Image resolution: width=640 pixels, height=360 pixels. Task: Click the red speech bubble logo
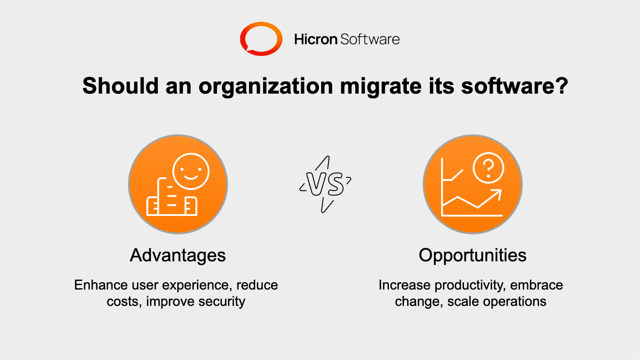(x=260, y=40)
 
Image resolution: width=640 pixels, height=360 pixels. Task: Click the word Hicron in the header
(x=315, y=40)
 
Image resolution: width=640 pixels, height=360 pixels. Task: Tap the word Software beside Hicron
(x=370, y=40)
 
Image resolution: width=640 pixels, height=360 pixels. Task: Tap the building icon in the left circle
(x=171, y=200)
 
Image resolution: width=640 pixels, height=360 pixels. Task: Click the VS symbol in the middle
(x=325, y=185)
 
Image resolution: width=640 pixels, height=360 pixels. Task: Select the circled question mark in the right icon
(x=489, y=168)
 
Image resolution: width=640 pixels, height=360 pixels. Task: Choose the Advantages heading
(x=178, y=255)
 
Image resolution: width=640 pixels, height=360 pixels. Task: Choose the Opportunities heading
(x=473, y=255)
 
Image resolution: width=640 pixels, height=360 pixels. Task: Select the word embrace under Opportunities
(x=537, y=285)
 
